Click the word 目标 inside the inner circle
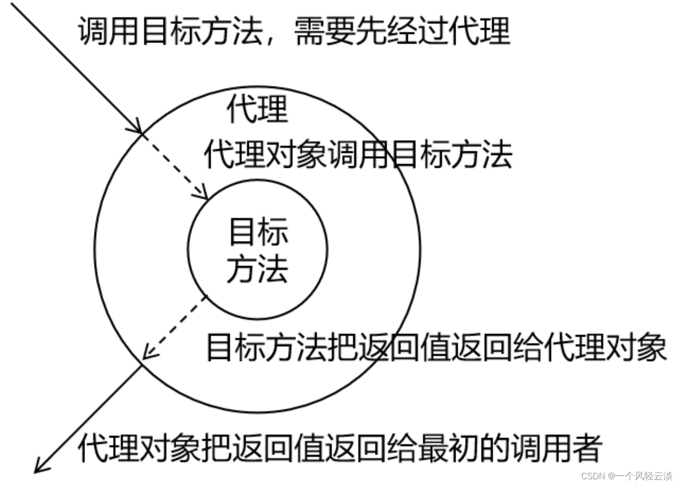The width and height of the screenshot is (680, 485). click(258, 232)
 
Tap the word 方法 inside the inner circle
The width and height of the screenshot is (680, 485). click(258, 269)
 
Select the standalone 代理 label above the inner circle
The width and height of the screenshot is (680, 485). click(257, 109)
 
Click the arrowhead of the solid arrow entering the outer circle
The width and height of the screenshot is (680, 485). click(137, 127)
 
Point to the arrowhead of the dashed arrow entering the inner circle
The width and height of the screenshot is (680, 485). click(202, 194)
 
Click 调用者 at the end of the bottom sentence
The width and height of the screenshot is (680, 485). click(554, 448)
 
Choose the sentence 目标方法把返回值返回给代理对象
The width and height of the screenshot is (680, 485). click(436, 346)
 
